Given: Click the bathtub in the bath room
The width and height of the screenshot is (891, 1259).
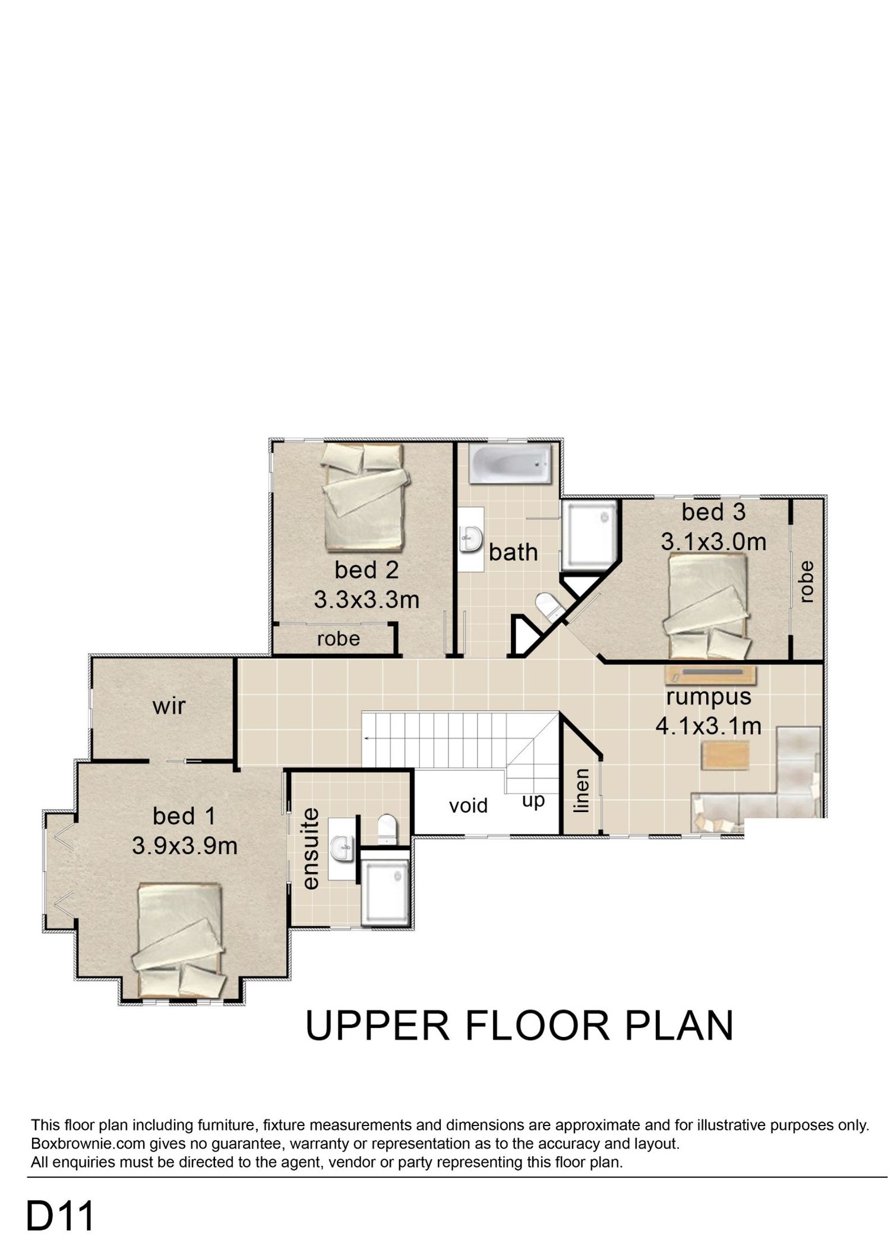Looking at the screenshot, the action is [x=510, y=465].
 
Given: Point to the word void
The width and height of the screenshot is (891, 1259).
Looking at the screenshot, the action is [x=468, y=805].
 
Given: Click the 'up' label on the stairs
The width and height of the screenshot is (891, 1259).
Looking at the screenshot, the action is [x=533, y=801].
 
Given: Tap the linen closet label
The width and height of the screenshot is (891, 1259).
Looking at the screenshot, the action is [x=582, y=790].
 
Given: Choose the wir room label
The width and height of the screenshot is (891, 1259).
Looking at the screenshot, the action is [x=169, y=706].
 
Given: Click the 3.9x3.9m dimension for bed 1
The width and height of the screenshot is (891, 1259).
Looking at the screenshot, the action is [x=185, y=846].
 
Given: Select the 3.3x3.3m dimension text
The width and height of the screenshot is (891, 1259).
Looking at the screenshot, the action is [x=366, y=600].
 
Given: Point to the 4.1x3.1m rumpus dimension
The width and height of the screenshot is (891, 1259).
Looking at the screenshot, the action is [x=708, y=726].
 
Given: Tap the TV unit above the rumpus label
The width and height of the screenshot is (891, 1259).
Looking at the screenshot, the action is [x=710, y=675].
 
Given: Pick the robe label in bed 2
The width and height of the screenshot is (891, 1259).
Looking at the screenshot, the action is [x=338, y=639].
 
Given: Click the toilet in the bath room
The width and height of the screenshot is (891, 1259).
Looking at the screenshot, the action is [x=549, y=607].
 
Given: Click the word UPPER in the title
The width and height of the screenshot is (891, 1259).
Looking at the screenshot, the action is [x=377, y=1026].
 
